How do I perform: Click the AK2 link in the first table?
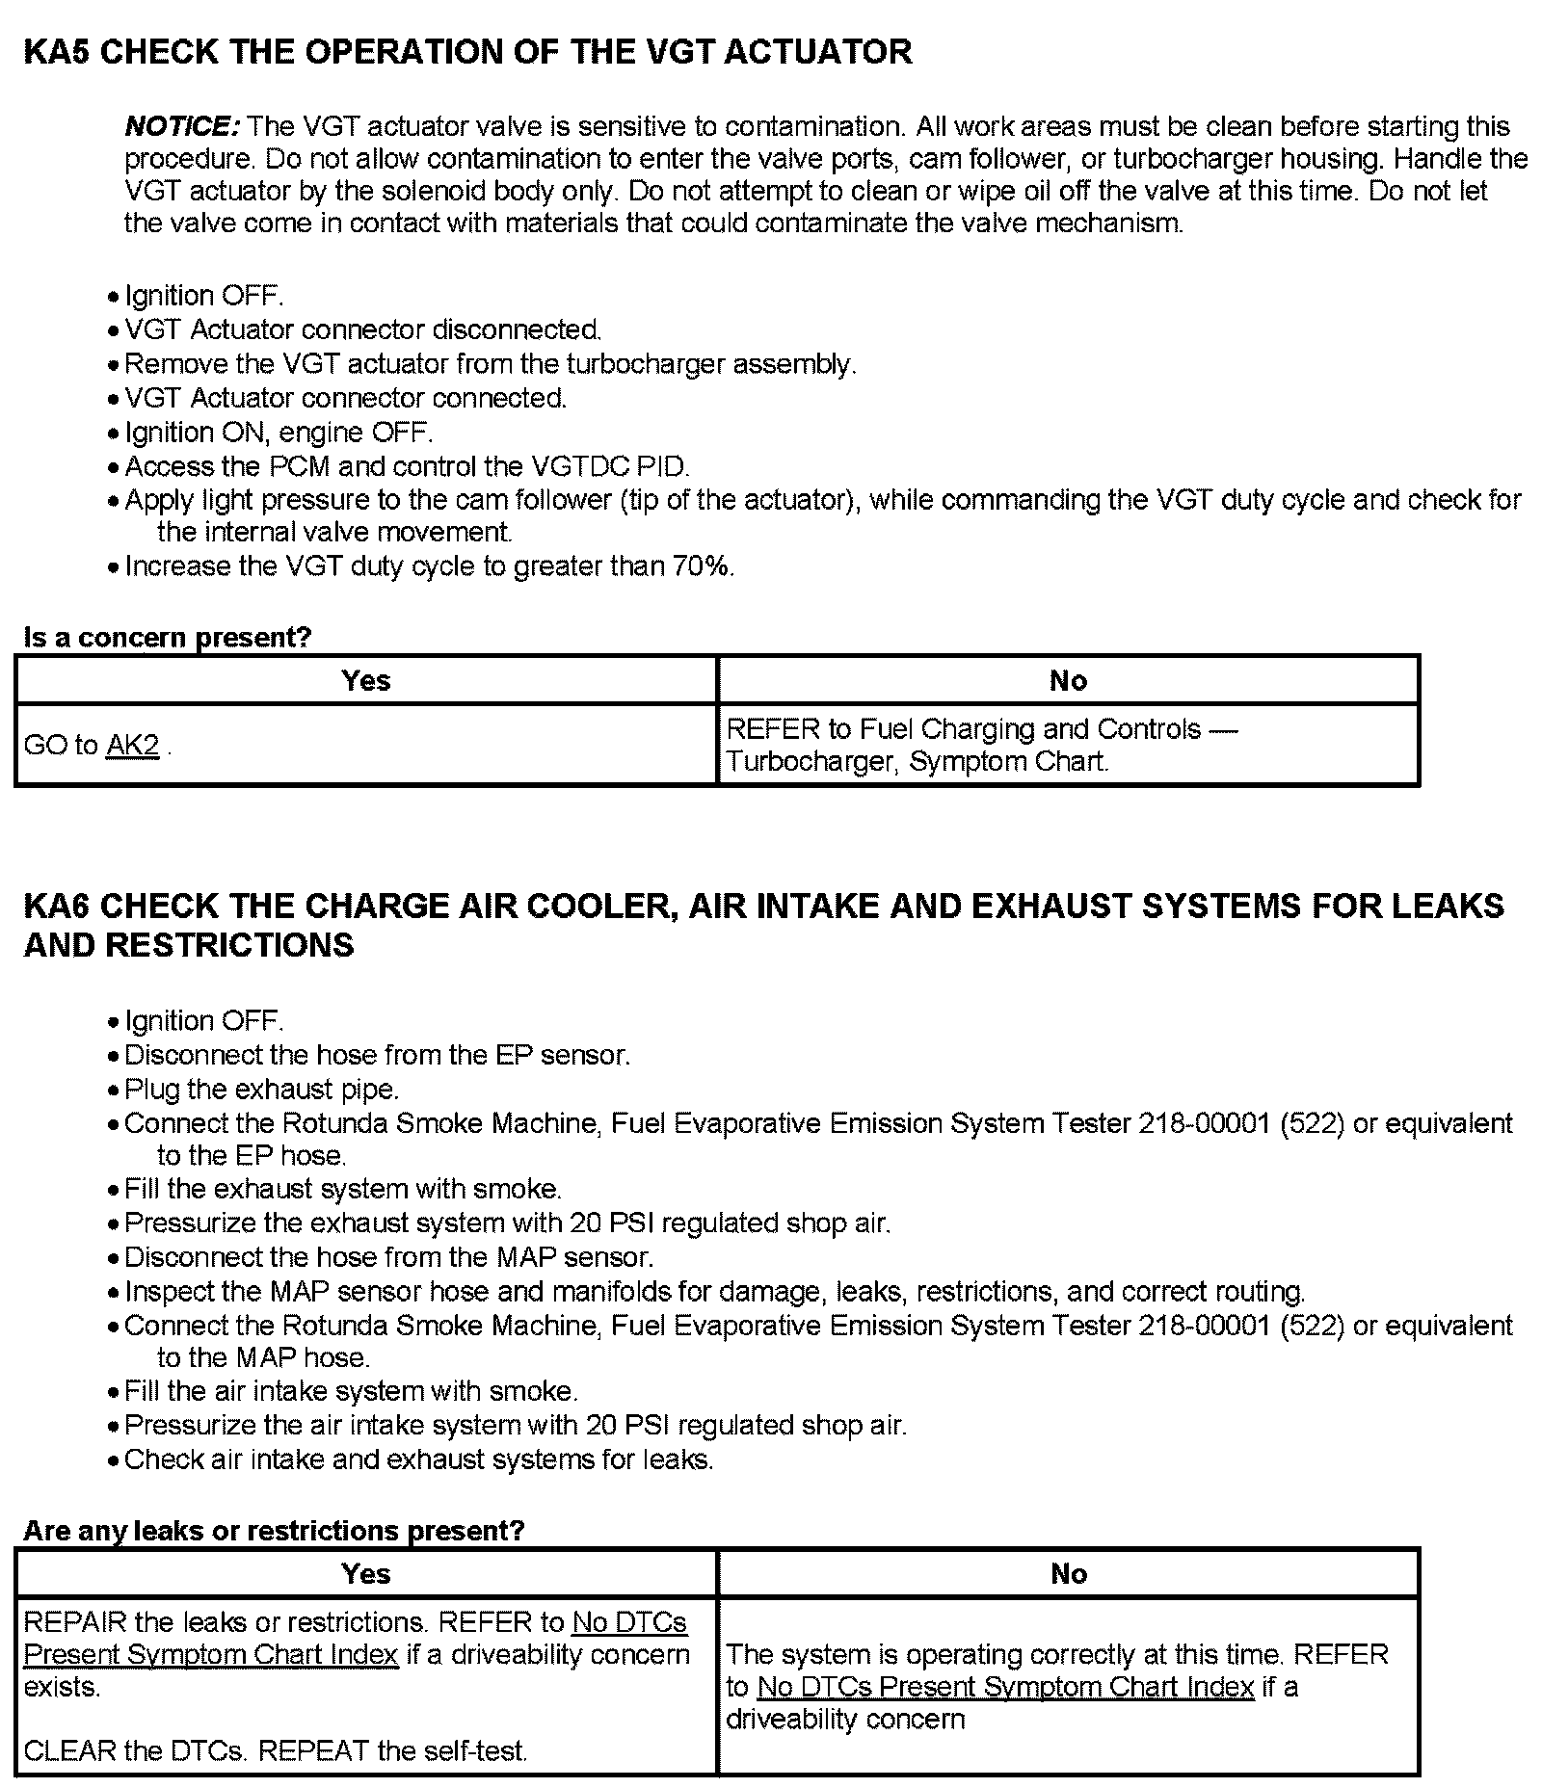(x=132, y=746)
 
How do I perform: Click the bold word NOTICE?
(x=181, y=126)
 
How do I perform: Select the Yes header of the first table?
(x=366, y=681)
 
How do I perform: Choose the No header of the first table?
(x=1068, y=681)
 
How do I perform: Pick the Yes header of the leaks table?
(x=366, y=1574)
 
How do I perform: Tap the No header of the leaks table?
(x=1068, y=1574)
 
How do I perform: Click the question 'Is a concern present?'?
(x=168, y=638)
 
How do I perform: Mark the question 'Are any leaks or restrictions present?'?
(x=274, y=1531)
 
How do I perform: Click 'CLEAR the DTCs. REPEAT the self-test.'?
(x=276, y=1750)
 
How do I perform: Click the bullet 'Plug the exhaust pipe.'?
(x=261, y=1090)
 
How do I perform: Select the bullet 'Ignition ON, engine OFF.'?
(x=279, y=433)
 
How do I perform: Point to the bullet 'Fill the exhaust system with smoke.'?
(x=343, y=1190)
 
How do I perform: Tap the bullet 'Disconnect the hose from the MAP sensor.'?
(x=388, y=1257)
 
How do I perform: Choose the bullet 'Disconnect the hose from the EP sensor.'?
(x=377, y=1056)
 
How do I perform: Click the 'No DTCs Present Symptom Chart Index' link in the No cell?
(x=1005, y=1687)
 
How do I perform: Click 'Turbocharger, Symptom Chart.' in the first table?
(x=917, y=762)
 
